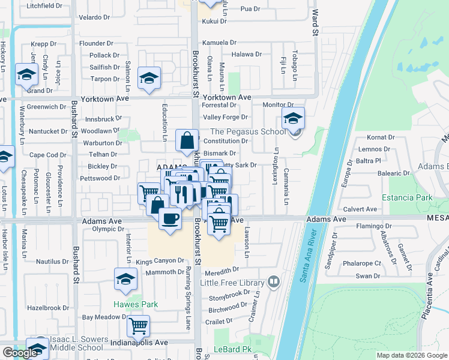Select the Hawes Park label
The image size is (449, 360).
pyautogui.click(x=136, y=304)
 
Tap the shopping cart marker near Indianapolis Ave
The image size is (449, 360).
pyautogui.click(x=139, y=326)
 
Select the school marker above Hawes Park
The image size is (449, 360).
pyautogui.click(x=125, y=279)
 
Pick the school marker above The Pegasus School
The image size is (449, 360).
pyautogui.click(x=294, y=118)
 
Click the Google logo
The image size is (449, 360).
pyautogui.click(x=20, y=353)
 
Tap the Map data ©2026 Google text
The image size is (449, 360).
pyautogui.click(x=412, y=355)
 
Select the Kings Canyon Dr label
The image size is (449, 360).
pyautogui.click(x=160, y=260)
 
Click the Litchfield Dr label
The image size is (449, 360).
pyautogui.click(x=44, y=5)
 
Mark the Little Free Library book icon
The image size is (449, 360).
pyautogui.click(x=274, y=281)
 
